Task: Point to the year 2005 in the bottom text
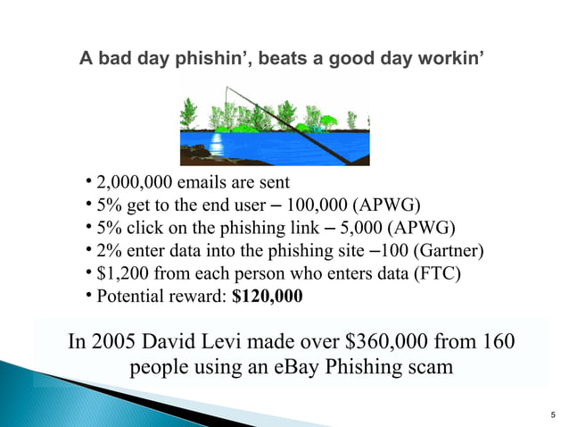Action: (115, 343)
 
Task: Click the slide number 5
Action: (555, 414)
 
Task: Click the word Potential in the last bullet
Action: (129, 296)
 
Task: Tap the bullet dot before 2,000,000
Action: (90, 184)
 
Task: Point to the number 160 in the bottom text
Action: (496, 343)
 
